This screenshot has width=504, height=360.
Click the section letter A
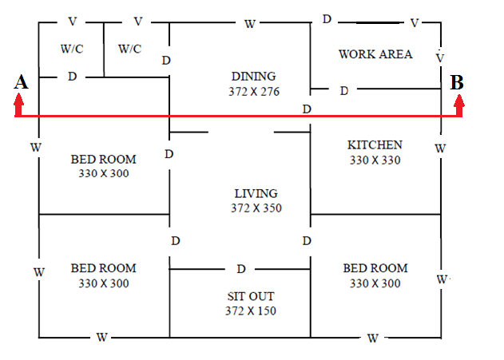click(21, 82)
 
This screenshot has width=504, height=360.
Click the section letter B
click(457, 82)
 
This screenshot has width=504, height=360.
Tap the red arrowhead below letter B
click(459, 101)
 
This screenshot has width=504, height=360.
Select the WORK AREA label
click(375, 54)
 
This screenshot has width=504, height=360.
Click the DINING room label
click(254, 77)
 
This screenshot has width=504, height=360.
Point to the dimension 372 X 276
click(254, 92)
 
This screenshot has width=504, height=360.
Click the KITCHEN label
click(375, 145)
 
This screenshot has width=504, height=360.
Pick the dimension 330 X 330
click(375, 160)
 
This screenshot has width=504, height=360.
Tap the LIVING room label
click(256, 194)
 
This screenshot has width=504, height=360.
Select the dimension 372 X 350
click(256, 208)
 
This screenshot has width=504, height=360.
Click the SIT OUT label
click(251, 296)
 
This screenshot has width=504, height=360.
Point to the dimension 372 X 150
click(251, 311)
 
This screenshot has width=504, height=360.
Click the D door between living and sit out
click(241, 269)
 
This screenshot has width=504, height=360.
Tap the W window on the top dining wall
click(250, 24)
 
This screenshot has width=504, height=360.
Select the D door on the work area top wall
click(327, 19)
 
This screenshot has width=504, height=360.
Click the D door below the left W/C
click(73, 77)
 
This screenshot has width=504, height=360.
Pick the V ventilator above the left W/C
click(73, 22)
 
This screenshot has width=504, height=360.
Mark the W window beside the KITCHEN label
click(440, 148)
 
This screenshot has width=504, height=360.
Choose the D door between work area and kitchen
click(344, 91)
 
